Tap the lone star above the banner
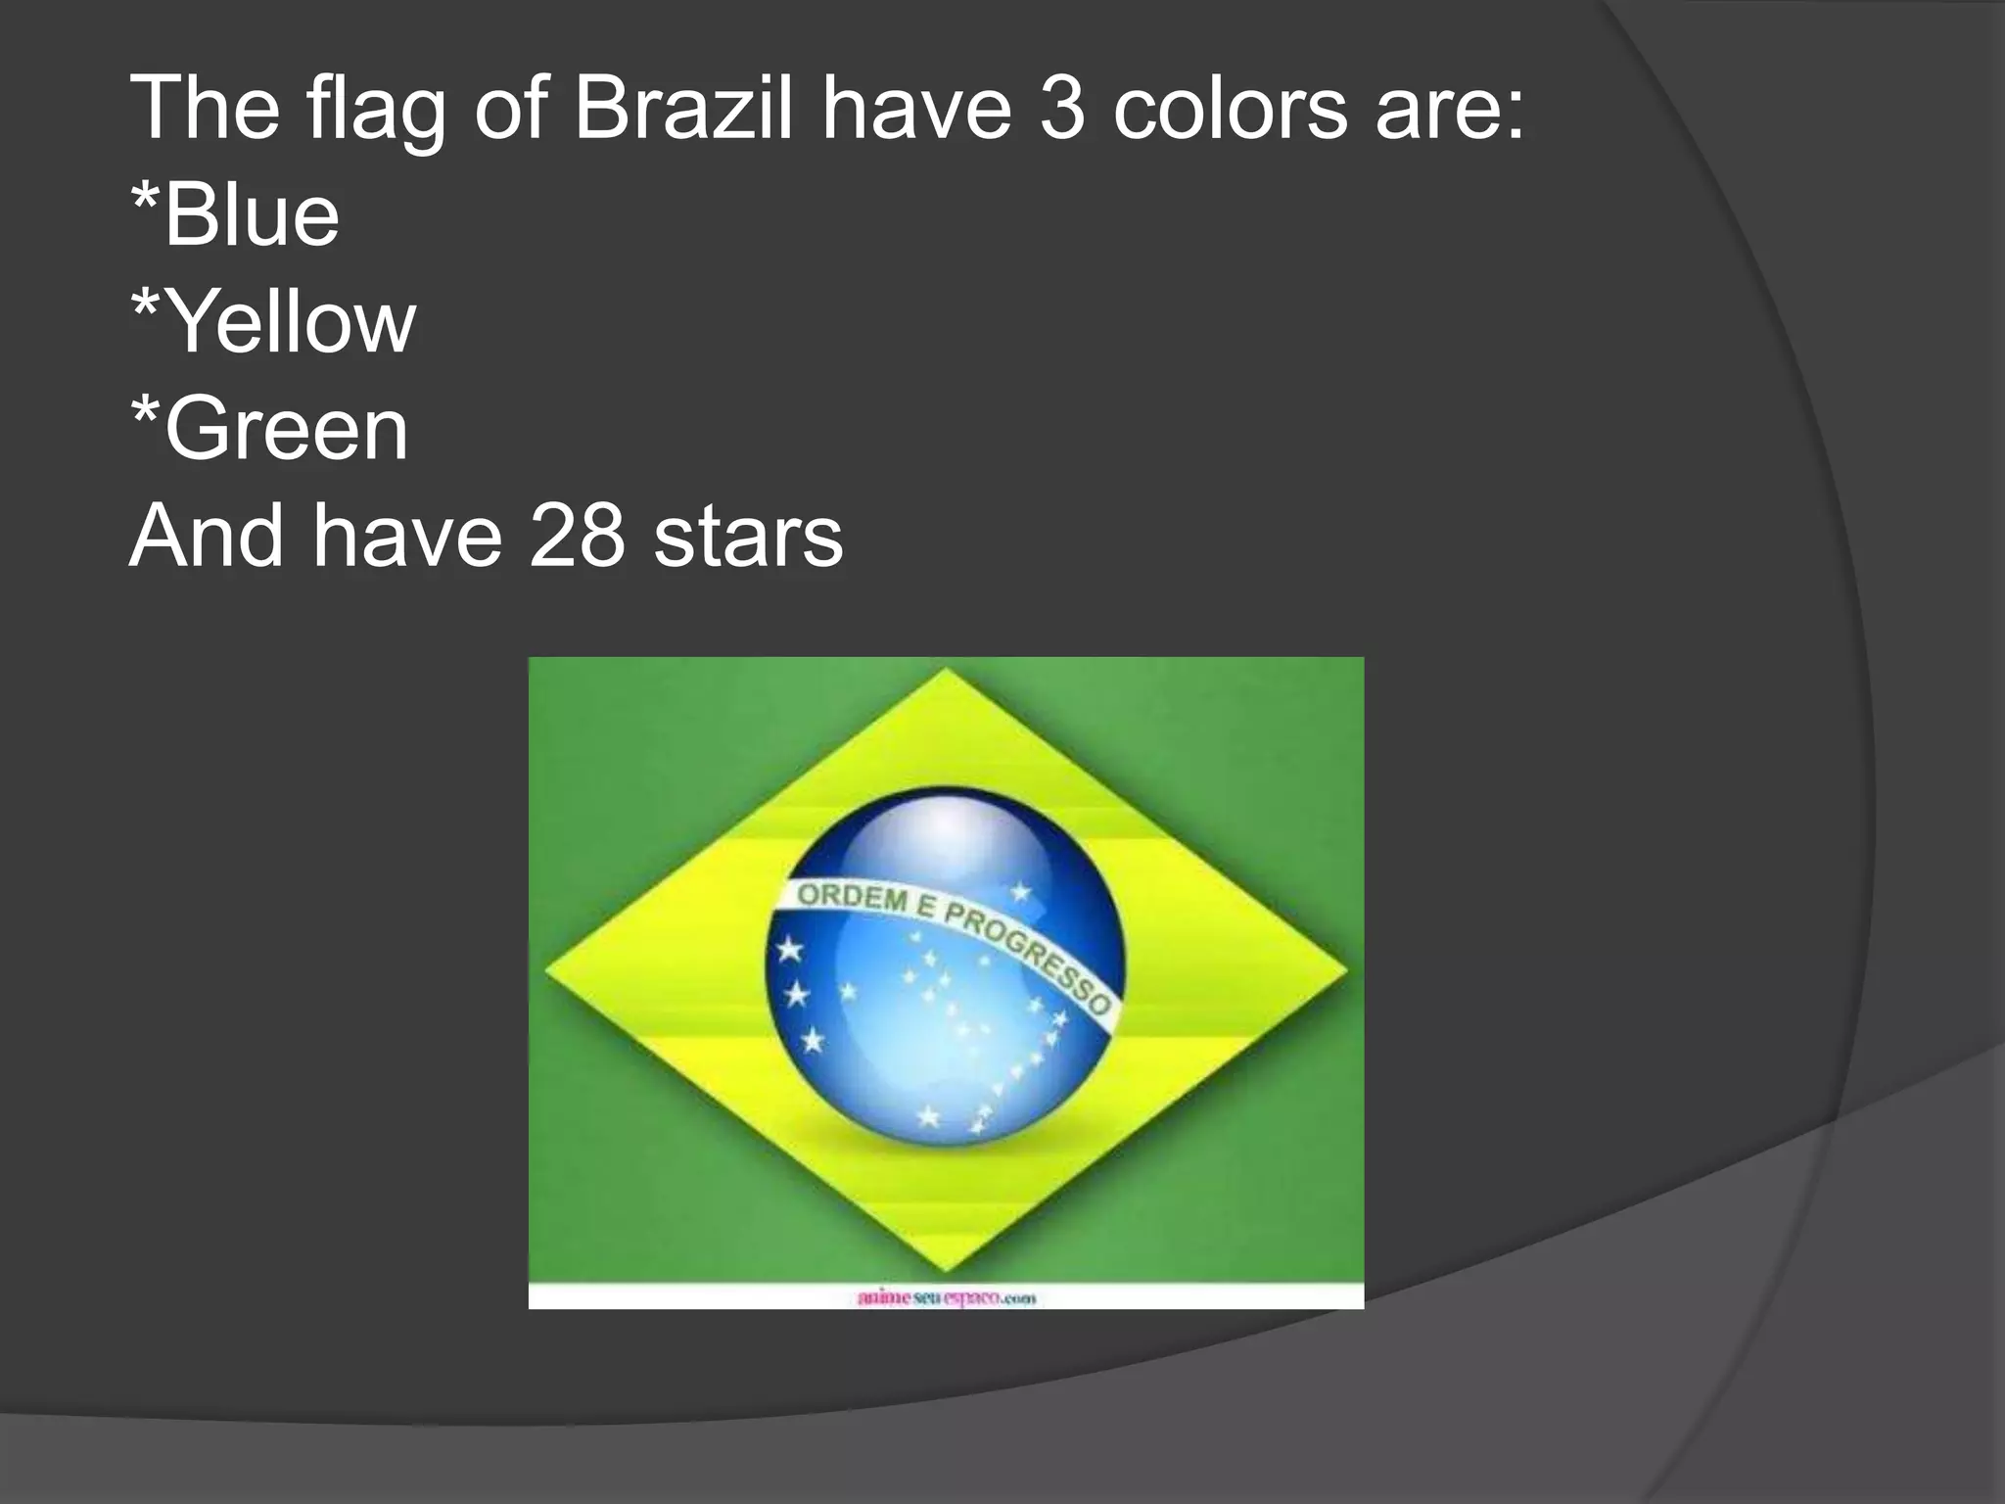[1021, 892]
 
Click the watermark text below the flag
[946, 1298]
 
